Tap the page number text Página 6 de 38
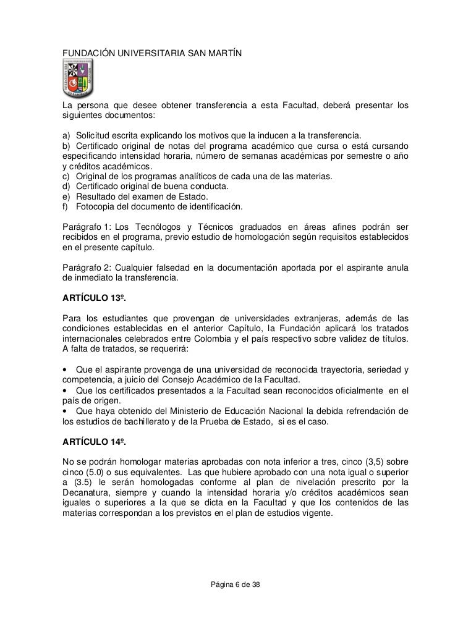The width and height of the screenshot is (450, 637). [236, 584]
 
